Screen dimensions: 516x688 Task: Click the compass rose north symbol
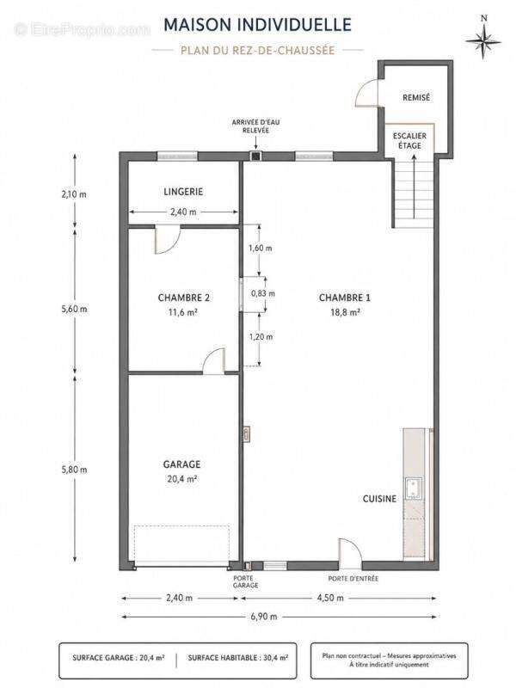click(483, 39)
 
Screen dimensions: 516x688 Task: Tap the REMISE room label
click(416, 97)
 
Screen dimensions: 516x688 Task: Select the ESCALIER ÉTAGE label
click(409, 141)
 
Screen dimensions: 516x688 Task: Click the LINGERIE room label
click(183, 192)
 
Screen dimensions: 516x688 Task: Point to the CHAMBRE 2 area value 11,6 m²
click(183, 312)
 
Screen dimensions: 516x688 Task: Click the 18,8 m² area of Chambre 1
click(345, 312)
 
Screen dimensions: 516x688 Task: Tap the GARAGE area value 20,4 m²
click(181, 479)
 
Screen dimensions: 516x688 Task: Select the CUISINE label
click(379, 499)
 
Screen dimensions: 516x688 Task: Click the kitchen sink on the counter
click(414, 488)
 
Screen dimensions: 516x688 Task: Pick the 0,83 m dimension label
click(263, 293)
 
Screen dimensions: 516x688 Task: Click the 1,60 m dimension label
click(261, 248)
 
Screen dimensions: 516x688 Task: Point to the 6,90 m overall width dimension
click(264, 617)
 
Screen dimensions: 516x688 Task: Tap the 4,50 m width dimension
click(330, 598)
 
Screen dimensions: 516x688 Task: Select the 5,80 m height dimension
click(74, 470)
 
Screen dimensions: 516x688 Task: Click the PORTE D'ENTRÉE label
click(353, 579)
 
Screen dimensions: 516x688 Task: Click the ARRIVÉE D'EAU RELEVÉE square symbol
click(255, 156)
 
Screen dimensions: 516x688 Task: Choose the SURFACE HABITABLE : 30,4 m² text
click(238, 658)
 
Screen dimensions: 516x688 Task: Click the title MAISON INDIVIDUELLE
click(257, 25)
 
